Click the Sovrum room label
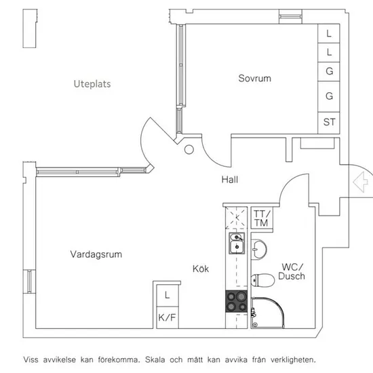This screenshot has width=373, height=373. pos(254,78)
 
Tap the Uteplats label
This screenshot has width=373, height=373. pos(92,84)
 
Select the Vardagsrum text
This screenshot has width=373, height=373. pos(96,254)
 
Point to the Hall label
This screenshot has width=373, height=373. pos(230,179)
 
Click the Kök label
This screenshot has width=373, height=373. pos(201,269)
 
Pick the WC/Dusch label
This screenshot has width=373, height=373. pos(292,271)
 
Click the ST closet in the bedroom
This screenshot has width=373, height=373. pos(329,123)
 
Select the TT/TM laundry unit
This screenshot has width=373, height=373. pos(262,218)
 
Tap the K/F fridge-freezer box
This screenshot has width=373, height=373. pos(168,317)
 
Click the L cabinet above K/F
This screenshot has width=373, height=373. pos(168,296)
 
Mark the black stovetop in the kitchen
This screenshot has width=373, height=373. pos(236,301)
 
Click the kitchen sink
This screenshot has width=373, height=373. pos(237,243)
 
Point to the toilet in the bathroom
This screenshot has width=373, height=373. pos(263,280)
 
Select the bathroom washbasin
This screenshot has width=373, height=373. pos(259,250)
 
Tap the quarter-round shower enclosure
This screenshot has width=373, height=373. pos(268,313)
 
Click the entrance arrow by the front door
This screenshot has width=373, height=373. pos(360,182)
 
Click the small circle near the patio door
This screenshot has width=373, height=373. pos(189,150)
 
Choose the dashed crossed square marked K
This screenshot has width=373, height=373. pos(236,218)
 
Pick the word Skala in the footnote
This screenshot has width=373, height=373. pos(155,359)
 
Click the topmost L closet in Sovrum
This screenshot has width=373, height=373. pos(329,33)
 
